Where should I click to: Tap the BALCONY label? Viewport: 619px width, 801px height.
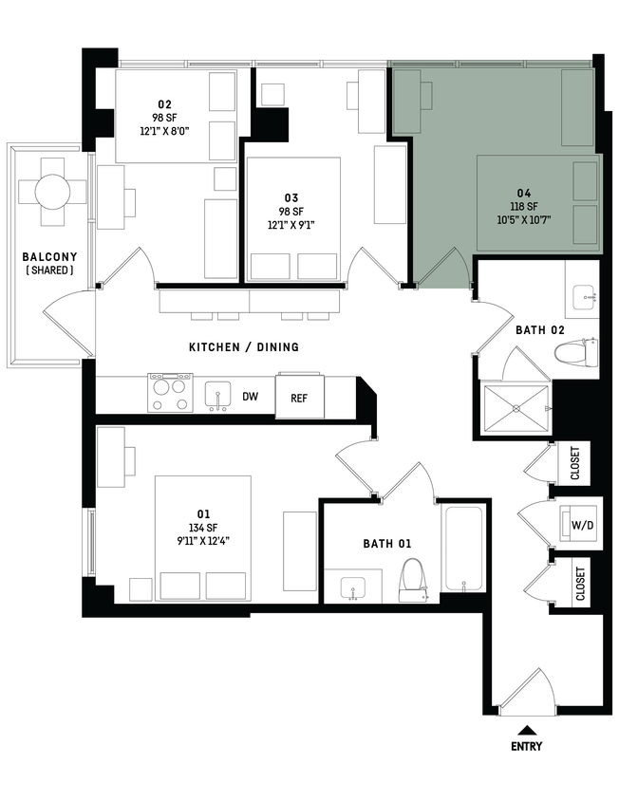(50, 257)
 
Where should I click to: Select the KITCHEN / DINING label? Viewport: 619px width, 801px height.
(243, 347)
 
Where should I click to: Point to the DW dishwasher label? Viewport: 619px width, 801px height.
(250, 397)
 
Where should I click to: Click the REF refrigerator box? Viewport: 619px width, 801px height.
(299, 398)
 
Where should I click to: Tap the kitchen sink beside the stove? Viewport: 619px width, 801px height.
(217, 395)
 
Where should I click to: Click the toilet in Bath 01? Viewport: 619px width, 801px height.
(415, 578)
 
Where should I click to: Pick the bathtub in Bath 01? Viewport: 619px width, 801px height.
(463, 549)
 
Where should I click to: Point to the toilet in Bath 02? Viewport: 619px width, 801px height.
(576, 355)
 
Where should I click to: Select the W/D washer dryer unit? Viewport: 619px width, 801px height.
(578, 522)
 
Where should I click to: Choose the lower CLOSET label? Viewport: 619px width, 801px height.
(579, 584)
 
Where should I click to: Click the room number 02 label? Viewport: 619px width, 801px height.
(164, 103)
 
